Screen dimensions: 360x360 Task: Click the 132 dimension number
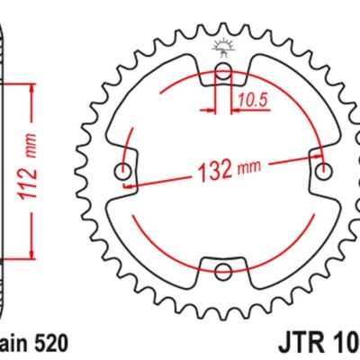tap(209, 167)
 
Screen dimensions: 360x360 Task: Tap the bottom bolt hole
tap(223, 270)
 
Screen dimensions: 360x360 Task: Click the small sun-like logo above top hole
tap(222, 48)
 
